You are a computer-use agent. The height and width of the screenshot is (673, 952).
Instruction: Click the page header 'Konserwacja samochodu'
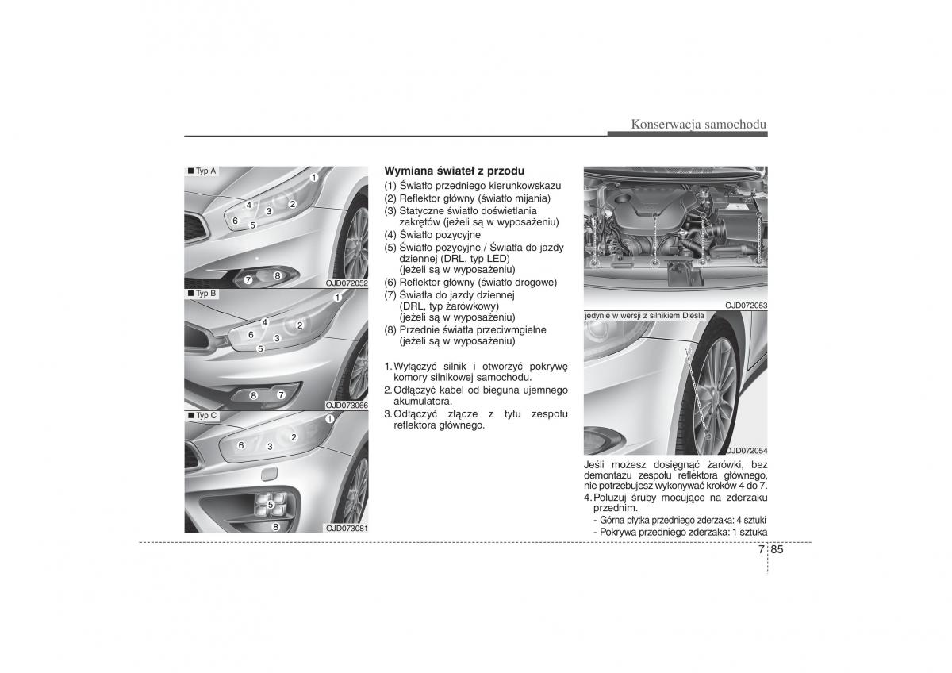coord(699,124)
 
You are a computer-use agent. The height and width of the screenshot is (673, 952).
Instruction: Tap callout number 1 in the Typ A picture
coord(313,177)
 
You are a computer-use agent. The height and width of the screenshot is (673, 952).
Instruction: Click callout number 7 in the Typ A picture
coord(248,279)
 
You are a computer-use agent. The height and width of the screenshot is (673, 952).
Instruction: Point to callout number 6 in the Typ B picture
coord(251,335)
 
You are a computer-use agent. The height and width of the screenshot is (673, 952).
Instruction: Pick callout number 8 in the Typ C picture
coord(275,526)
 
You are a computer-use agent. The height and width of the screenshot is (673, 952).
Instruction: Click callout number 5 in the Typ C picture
coord(270,504)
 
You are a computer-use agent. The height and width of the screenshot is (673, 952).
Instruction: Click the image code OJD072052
coord(347,283)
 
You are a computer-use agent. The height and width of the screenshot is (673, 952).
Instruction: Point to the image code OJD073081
coord(347,528)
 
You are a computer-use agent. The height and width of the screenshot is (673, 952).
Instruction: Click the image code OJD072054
coord(746,450)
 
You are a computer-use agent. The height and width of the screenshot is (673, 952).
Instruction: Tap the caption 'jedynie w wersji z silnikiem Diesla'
coord(644,316)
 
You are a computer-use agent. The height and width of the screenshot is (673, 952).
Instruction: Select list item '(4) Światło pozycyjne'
coord(432,235)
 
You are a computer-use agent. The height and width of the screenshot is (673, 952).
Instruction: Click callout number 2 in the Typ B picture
coord(300,325)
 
